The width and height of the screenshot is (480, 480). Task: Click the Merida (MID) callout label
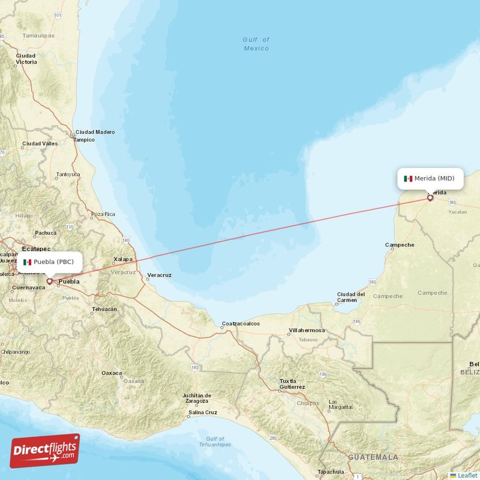(x=430, y=178)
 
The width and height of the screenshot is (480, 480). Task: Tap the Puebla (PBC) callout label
(x=49, y=262)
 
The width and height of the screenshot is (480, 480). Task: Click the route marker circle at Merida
(x=430, y=197)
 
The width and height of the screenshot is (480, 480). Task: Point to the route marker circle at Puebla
(x=49, y=280)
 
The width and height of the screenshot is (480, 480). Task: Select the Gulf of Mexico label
(x=256, y=44)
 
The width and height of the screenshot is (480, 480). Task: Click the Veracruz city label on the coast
(x=159, y=275)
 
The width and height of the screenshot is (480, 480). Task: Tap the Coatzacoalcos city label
(x=241, y=323)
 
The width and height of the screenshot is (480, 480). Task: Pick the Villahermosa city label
(x=307, y=331)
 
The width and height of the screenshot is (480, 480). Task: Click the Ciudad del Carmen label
(x=351, y=297)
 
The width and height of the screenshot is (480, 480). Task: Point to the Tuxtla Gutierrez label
(x=292, y=384)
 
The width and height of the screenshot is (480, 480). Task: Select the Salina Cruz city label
(x=203, y=412)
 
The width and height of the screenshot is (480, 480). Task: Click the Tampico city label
(x=84, y=140)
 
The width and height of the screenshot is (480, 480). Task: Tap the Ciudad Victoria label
(x=26, y=59)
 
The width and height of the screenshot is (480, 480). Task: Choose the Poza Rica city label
(x=103, y=214)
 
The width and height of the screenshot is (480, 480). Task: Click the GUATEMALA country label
(x=373, y=457)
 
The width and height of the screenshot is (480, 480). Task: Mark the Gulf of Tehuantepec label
(x=214, y=442)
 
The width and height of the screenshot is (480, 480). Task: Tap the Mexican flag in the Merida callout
(x=408, y=178)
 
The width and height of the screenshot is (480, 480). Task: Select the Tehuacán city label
(x=101, y=310)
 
